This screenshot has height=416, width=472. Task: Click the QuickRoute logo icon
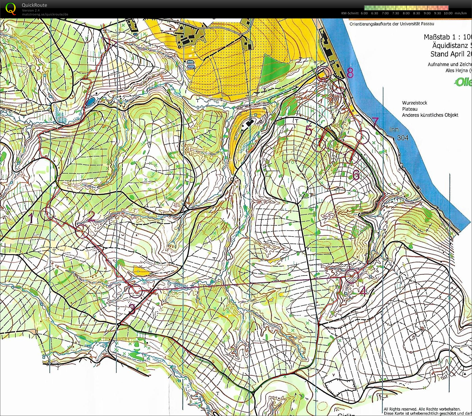click(11, 8)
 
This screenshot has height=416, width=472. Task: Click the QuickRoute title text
click(34, 5)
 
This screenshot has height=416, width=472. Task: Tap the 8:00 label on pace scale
click(406, 13)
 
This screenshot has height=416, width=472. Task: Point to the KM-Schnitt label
click(350, 13)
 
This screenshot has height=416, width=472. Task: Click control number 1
click(31, 218)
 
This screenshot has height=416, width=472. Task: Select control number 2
click(91, 216)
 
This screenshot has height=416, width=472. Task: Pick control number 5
click(308, 130)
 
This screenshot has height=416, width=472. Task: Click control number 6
click(356, 175)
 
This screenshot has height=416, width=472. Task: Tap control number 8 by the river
click(350, 73)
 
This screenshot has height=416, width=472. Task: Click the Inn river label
click(394, 129)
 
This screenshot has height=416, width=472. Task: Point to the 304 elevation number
click(403, 138)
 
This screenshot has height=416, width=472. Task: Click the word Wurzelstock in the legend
click(414, 103)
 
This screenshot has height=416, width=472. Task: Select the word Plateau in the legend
click(410, 109)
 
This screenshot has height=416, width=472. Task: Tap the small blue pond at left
click(90, 102)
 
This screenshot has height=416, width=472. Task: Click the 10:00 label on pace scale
click(448, 13)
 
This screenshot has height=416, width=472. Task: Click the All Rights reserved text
click(422, 409)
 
